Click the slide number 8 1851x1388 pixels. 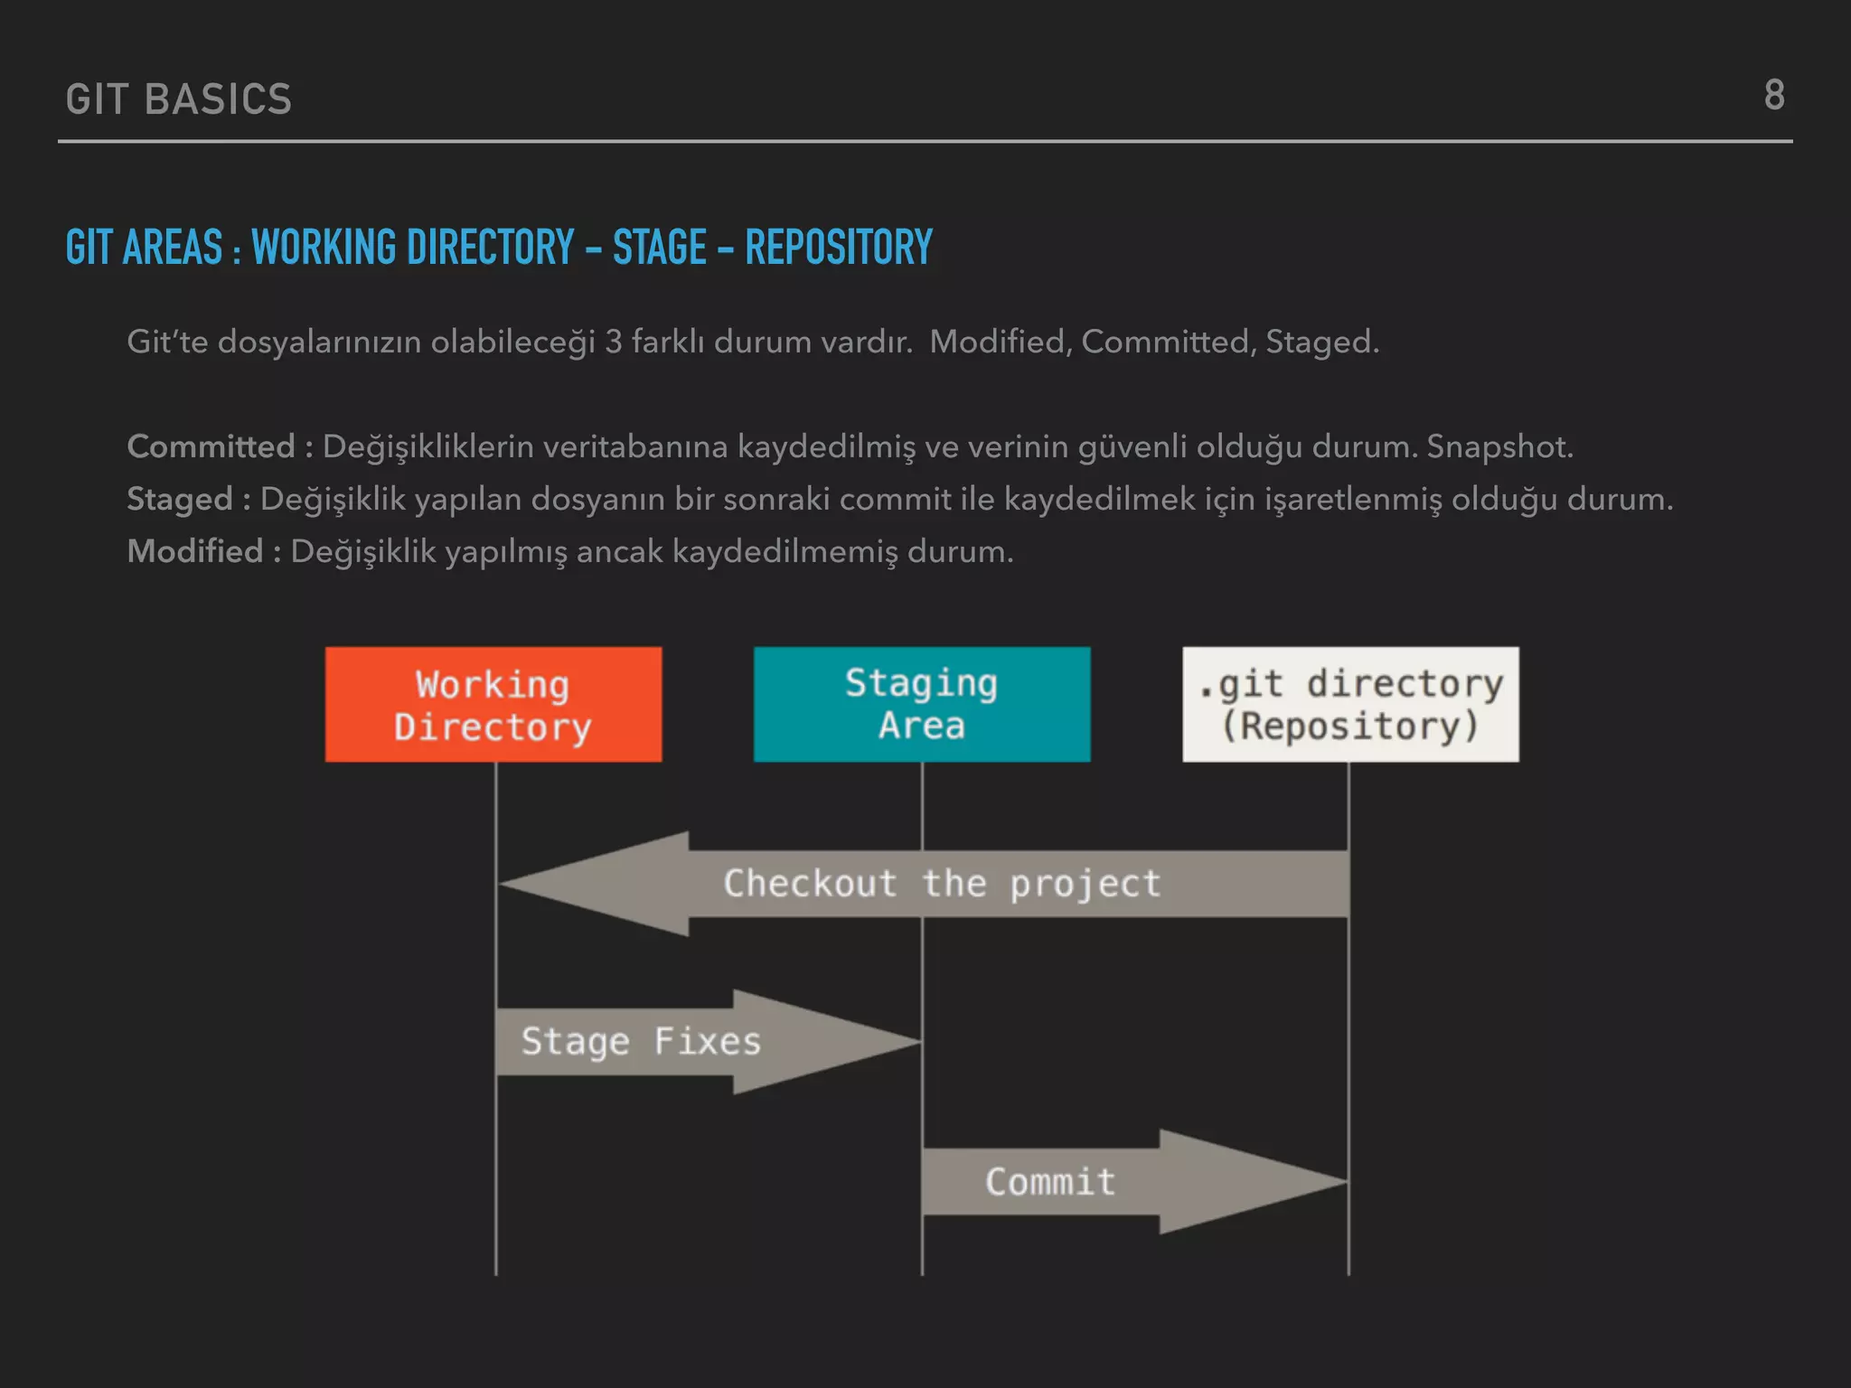(x=1773, y=96)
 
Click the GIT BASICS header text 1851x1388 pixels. (x=179, y=99)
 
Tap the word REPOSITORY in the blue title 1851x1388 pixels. (x=838, y=248)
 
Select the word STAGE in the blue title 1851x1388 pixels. (x=660, y=248)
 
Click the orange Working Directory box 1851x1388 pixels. (x=493, y=705)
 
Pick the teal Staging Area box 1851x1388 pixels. (x=922, y=705)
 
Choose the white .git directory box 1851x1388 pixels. (x=1350, y=705)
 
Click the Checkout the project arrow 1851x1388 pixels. (x=940, y=884)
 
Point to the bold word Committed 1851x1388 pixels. (x=211, y=446)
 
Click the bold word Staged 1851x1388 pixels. (x=180, y=499)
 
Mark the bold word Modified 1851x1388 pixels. (x=195, y=551)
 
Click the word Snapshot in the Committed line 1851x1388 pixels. (x=1499, y=446)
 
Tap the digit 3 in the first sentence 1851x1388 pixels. (x=613, y=342)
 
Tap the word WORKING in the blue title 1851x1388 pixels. (x=324, y=248)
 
